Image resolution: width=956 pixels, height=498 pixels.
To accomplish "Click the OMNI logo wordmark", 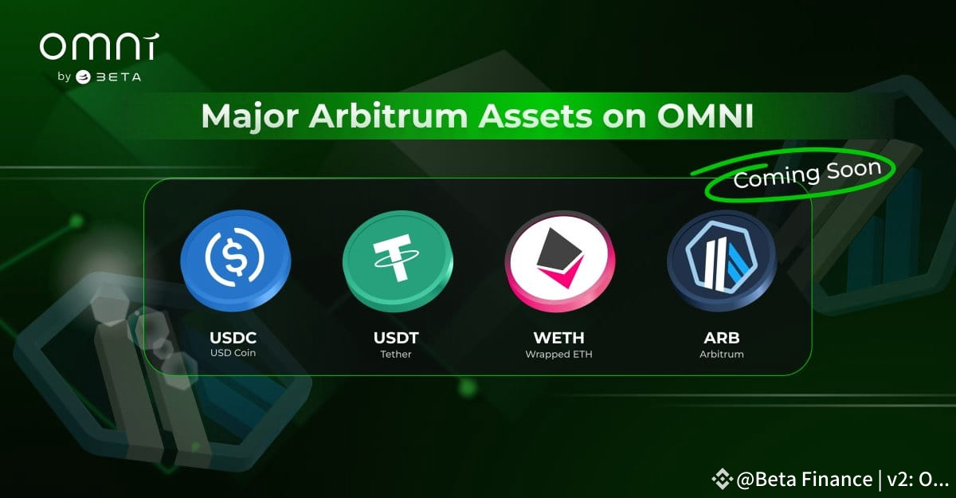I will point(98,48).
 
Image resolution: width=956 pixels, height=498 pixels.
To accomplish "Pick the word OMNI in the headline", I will point(705,116).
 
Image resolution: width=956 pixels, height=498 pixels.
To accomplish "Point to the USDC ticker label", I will point(234,338).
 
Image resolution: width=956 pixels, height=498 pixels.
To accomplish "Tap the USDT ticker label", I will point(396,338).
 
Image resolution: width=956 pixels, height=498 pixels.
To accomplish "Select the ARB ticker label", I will point(721,338).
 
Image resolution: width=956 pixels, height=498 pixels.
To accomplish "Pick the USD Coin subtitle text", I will point(234,354).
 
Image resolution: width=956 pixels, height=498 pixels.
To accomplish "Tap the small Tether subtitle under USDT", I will point(396,354).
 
